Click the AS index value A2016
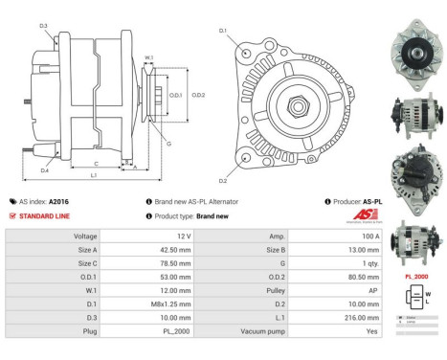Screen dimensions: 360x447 (59, 202)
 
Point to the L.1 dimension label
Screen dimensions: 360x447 (94, 176)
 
